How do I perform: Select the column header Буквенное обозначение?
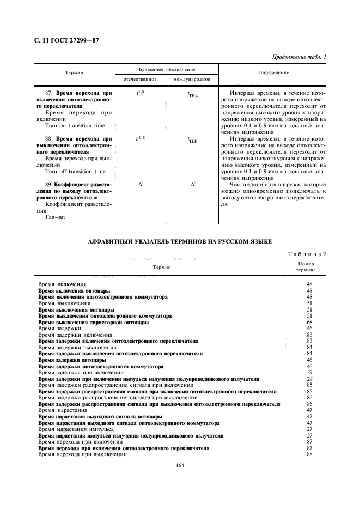[166, 70]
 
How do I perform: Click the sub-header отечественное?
[140, 80]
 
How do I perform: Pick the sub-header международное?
[192, 80]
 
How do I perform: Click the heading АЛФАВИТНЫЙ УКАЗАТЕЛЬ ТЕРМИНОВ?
[180, 241]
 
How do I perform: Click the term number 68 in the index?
[309, 323]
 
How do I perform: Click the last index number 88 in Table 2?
[309, 454]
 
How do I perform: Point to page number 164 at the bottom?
[180, 466]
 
